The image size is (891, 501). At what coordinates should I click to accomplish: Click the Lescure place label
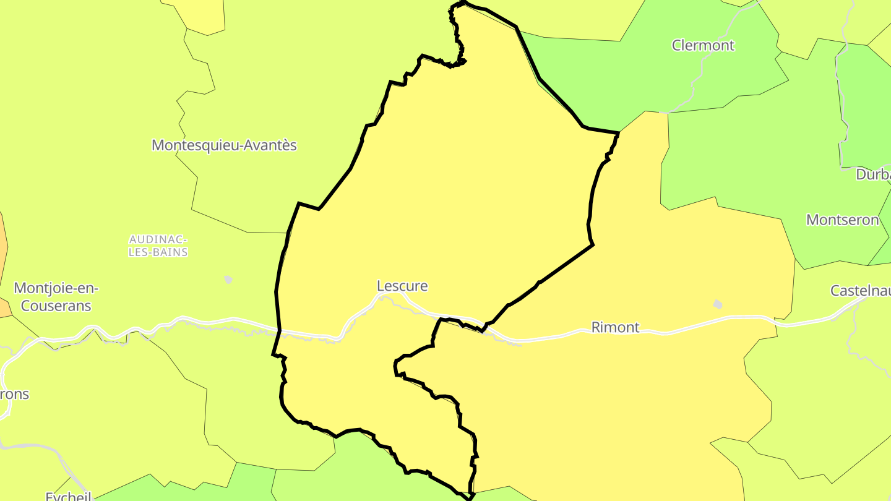tap(402, 286)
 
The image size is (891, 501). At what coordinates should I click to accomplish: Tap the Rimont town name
tap(615, 327)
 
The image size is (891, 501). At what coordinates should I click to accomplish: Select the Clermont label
tap(703, 45)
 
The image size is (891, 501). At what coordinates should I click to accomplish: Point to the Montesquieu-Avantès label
tap(224, 145)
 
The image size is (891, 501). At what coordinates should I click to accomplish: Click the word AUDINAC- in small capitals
tap(158, 239)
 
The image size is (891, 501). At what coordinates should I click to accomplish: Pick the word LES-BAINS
tap(158, 252)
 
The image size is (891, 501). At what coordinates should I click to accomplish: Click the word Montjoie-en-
tap(56, 288)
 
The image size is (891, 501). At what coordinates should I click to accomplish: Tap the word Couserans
tap(56, 306)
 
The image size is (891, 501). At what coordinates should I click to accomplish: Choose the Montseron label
tap(842, 220)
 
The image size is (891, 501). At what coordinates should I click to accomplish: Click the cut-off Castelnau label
tap(860, 290)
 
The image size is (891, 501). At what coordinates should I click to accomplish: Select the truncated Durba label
tap(872, 174)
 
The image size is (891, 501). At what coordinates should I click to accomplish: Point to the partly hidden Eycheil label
tap(69, 496)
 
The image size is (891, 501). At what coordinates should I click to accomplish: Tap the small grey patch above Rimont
tap(717, 304)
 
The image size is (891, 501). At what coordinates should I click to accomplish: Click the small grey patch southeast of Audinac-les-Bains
tap(228, 280)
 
